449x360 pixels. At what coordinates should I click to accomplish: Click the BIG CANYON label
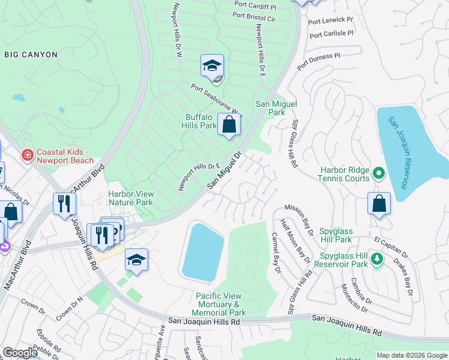coord(31,55)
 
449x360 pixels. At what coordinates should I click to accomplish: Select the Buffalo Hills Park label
coord(199,121)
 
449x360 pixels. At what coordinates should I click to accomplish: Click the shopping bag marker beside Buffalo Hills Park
coord(229,125)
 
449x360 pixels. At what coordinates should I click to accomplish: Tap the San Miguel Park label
coord(277,108)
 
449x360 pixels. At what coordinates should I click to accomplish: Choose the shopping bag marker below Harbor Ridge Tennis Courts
coord(379,203)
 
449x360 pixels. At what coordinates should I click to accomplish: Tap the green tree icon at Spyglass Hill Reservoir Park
coord(376,259)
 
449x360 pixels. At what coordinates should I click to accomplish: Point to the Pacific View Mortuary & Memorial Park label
coord(220,304)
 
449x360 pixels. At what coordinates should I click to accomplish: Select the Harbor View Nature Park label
coord(131,198)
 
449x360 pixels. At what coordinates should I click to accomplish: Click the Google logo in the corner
coord(20,352)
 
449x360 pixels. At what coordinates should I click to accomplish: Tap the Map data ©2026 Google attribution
coord(412,355)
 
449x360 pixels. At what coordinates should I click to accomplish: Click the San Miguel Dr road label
coord(224,171)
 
